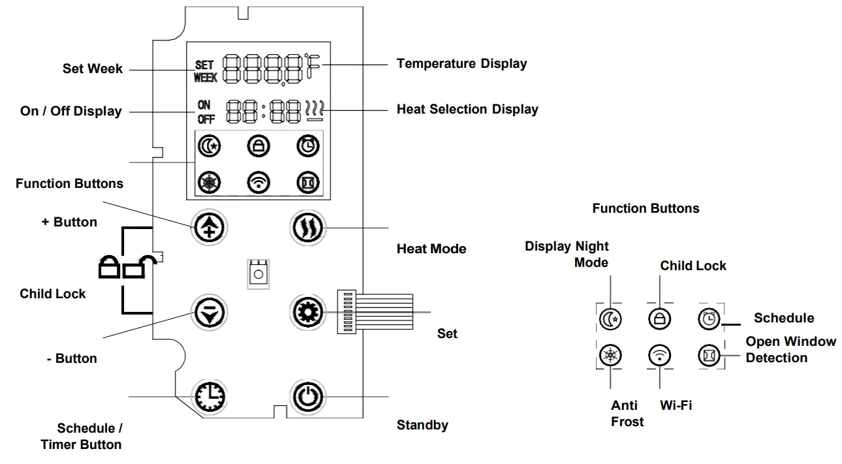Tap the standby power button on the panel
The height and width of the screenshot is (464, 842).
[x=306, y=395]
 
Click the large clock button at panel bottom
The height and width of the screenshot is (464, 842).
[x=208, y=395]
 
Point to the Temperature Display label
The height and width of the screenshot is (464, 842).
[x=461, y=63]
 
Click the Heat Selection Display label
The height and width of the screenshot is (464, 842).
[x=467, y=109]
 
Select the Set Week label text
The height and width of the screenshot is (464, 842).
[x=92, y=69]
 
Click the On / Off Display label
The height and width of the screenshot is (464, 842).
[x=70, y=111]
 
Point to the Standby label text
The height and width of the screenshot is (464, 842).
[x=422, y=425]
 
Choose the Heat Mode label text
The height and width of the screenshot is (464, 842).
[x=431, y=249]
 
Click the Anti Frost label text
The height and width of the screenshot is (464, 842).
[x=627, y=414]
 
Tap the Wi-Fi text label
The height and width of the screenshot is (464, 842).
[x=676, y=405]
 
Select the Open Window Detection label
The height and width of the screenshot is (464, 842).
[x=790, y=350]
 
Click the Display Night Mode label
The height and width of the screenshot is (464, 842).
[x=567, y=255]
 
